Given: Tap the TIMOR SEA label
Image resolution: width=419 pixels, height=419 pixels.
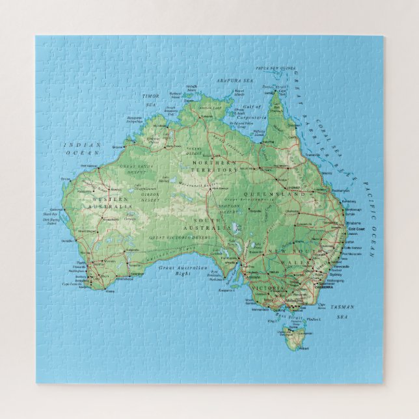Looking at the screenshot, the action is coord(151,100).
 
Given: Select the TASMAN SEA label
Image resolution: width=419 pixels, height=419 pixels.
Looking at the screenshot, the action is coord(343,312).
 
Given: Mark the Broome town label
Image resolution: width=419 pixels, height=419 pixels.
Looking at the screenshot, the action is coord(118,147).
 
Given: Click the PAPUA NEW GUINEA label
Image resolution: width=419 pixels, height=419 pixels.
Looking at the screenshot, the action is coord(276,68).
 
